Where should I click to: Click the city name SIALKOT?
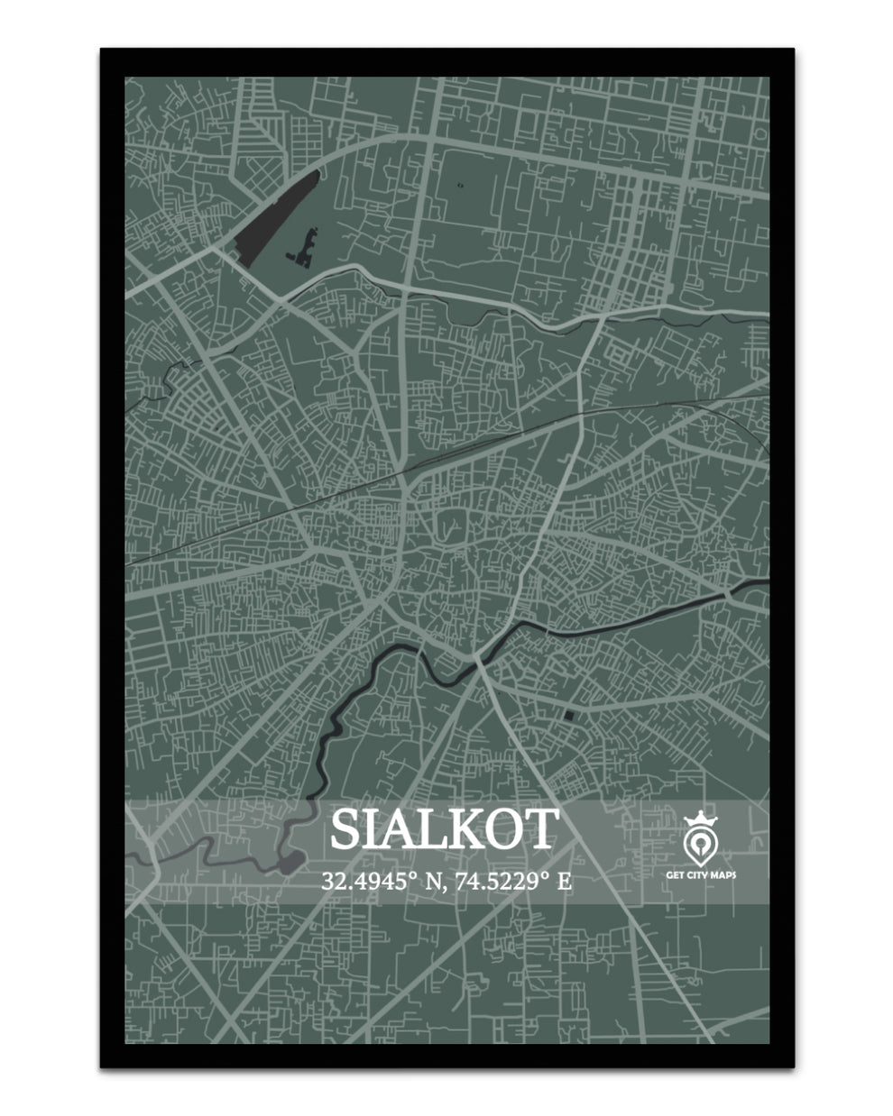coord(445,828)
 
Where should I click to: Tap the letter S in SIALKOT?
coord(345,829)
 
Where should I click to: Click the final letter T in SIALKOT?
coord(541,829)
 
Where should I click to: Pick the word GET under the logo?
coord(674,874)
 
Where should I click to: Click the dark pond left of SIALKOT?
coord(290,863)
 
